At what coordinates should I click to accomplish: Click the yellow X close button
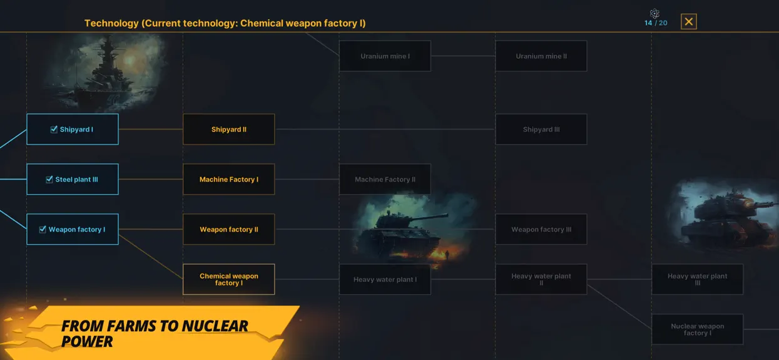pos(688,21)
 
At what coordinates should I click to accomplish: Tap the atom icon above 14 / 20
pos(654,13)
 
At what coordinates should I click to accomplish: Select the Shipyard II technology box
pos(229,129)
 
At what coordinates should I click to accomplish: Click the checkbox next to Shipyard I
pos(54,130)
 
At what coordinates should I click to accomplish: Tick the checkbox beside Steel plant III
pos(49,179)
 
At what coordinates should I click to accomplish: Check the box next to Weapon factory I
pos(43,229)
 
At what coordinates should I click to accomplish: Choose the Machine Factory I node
pos(229,179)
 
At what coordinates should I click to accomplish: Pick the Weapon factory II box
pos(229,229)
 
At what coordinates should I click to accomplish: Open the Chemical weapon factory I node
pos(229,279)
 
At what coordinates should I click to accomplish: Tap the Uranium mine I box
pos(385,56)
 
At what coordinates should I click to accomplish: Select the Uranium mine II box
pos(541,56)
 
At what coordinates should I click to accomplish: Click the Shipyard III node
pos(541,129)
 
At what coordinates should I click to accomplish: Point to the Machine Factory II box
pos(385,179)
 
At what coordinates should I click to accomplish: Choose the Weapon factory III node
pos(541,229)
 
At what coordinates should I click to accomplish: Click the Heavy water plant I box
pos(385,279)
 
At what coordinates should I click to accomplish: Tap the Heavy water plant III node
pos(697,279)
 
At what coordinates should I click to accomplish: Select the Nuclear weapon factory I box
pos(697,329)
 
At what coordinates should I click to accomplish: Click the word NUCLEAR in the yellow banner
pos(215,326)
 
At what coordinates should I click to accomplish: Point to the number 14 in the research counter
pos(648,23)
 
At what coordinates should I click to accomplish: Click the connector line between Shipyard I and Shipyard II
pos(151,129)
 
